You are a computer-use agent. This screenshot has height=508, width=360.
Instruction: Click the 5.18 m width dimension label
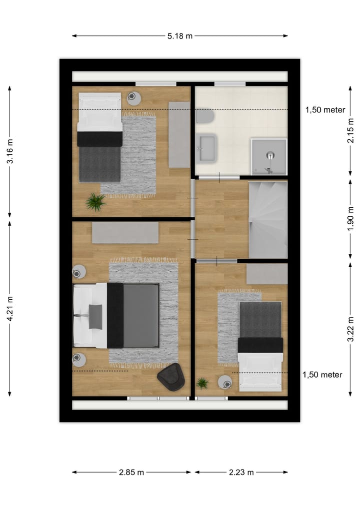[x=180, y=35]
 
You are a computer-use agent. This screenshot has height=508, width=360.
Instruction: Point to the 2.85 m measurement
[x=131, y=472]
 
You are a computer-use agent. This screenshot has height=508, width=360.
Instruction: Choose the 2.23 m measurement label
[x=241, y=472]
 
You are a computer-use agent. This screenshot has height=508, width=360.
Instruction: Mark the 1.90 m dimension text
[x=350, y=219]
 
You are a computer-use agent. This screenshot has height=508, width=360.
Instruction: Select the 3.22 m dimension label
[x=350, y=329]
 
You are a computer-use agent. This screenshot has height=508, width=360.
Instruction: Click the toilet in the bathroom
[x=204, y=117]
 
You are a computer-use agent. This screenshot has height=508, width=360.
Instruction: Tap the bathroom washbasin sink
[x=207, y=148]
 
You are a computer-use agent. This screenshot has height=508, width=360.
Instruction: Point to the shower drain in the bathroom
[x=270, y=156]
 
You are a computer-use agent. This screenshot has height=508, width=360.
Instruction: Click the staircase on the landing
[x=268, y=220]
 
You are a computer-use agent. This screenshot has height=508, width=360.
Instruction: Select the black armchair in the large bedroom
[x=171, y=377]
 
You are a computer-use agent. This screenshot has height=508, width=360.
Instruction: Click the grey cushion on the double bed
[x=95, y=317]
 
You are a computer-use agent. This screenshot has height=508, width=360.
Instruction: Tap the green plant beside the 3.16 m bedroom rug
[x=95, y=202]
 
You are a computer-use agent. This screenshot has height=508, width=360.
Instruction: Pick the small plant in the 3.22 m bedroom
[x=202, y=383]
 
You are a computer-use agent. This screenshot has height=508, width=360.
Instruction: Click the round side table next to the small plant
[x=225, y=382]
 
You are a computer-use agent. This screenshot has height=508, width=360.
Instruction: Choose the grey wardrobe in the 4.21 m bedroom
[x=125, y=233]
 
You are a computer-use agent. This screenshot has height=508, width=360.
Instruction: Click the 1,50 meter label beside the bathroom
[x=325, y=110]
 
